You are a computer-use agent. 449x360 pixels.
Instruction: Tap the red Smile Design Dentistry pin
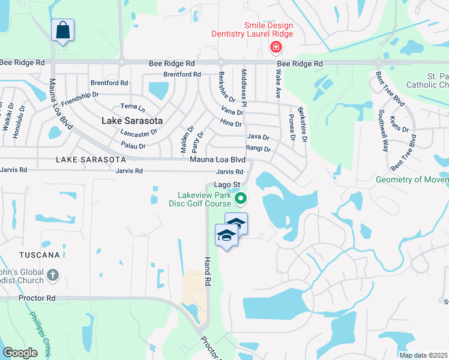[x=276, y=47]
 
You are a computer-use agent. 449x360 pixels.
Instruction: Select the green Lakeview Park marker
[x=240, y=197]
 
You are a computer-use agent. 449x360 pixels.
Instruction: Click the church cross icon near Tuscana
[x=53, y=275]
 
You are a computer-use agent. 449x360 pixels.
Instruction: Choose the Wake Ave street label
[x=278, y=85]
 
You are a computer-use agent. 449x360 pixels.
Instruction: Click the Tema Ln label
[x=133, y=106]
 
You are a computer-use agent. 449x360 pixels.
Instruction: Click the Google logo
[x=20, y=353]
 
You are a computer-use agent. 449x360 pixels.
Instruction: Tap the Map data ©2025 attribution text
[x=424, y=355]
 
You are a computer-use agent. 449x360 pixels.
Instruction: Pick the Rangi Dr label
[x=258, y=148]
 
